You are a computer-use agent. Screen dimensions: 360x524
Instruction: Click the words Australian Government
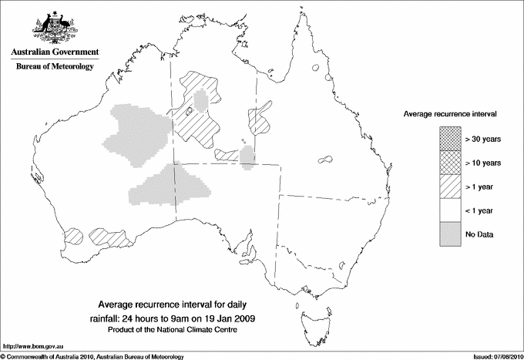(54, 52)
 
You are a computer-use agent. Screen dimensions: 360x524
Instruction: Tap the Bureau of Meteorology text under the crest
(54, 67)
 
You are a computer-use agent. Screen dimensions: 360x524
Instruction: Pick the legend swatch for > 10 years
(448, 163)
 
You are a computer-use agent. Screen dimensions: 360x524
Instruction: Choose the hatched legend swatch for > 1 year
(448, 187)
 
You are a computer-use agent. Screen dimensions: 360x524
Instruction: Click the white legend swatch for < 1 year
(448, 210)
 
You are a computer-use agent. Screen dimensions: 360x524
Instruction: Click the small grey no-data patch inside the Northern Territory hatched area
(201, 101)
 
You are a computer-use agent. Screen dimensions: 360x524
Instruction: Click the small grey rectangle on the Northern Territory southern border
(247, 156)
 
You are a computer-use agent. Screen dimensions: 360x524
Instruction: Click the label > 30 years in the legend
(482, 139)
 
